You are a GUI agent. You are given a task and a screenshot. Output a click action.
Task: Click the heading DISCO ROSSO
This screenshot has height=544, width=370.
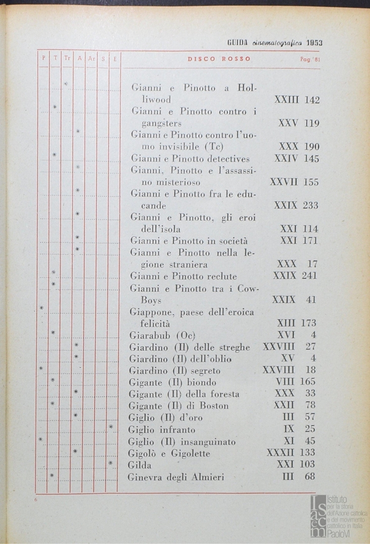(219, 59)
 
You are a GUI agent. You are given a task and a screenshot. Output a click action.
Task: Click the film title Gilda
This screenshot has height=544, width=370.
(139, 465)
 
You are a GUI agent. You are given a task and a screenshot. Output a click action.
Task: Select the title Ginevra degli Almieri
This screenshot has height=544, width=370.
(176, 477)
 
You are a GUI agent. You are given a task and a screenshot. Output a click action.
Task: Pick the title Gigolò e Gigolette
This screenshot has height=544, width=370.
(169, 454)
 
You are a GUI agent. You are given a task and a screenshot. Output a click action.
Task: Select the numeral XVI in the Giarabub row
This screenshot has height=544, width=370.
(286, 335)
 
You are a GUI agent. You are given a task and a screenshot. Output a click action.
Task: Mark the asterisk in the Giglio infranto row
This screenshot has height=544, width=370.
(112, 428)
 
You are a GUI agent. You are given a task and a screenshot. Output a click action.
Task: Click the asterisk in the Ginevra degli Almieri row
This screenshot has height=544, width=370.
(52, 475)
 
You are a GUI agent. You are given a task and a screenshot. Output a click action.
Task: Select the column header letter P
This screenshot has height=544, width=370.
(43, 58)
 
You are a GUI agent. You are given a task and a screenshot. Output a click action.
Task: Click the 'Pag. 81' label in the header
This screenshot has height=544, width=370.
(309, 59)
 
